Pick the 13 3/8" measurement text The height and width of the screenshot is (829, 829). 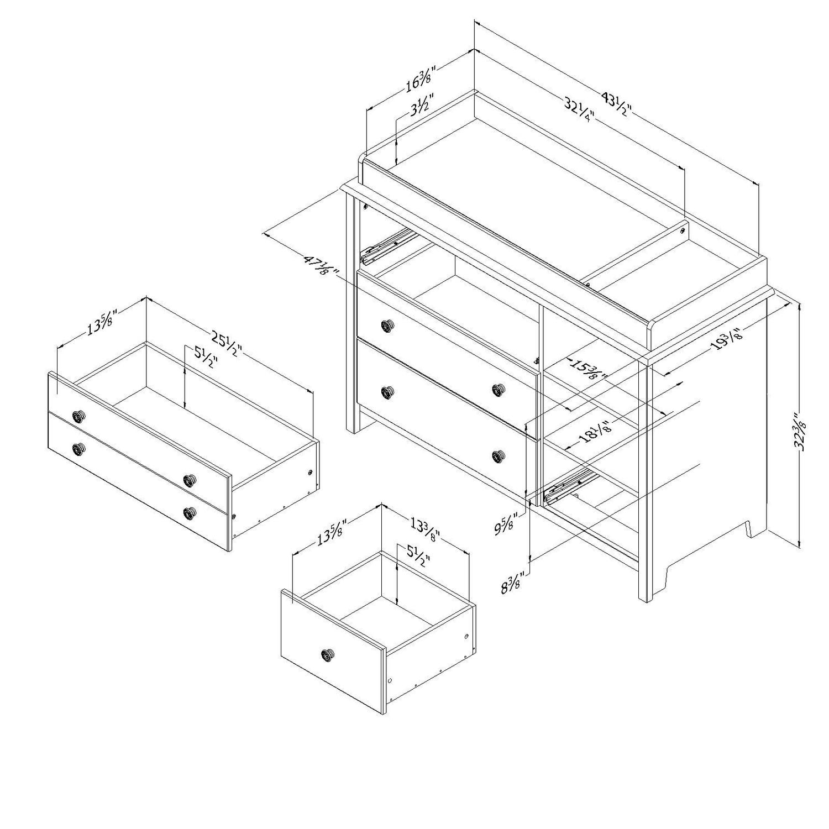coord(424,528)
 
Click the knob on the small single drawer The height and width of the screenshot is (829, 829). coord(327,655)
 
